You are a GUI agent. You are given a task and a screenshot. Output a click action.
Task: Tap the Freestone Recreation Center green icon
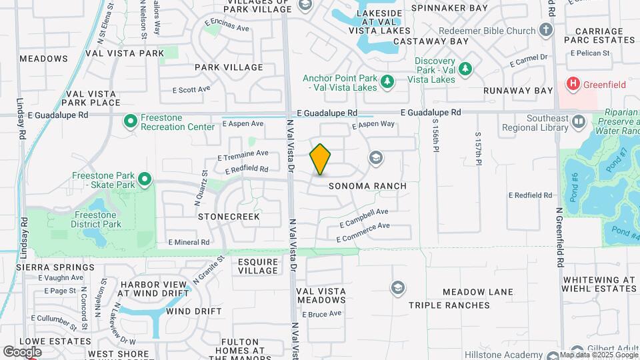click(131, 121)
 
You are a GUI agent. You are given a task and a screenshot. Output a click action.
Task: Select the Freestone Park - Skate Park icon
click(145, 179)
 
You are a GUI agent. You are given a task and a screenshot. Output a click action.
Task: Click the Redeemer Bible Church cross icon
click(546, 31)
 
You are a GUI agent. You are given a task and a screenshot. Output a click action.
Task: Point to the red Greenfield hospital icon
click(572, 84)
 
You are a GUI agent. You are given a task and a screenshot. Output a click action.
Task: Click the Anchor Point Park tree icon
click(387, 82)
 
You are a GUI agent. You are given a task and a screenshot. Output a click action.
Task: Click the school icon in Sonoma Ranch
click(376, 158)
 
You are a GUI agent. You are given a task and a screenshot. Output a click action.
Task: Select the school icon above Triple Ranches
click(398, 287)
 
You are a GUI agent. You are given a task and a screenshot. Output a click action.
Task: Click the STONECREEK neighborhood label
click(229, 217)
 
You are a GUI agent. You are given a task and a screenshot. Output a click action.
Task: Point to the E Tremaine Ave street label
click(243, 155)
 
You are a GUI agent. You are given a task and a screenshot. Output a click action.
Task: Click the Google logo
click(22, 351)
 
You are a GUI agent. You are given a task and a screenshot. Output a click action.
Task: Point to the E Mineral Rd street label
click(189, 242)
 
